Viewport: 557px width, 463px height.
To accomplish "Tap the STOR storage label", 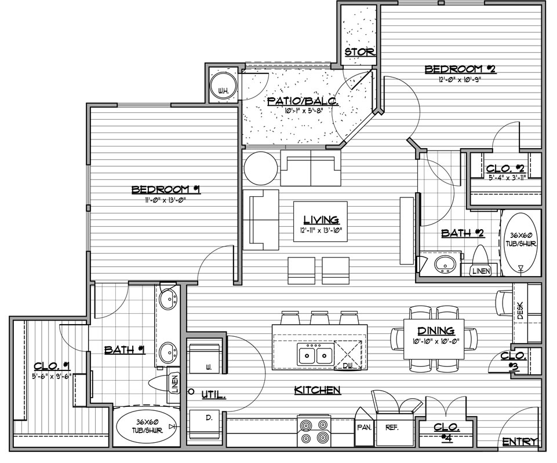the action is pyautogui.click(x=359, y=52).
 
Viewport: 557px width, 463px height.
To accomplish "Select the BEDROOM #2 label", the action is pyautogui.click(x=460, y=69).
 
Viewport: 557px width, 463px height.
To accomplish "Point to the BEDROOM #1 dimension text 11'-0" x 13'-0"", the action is pyautogui.click(x=166, y=200).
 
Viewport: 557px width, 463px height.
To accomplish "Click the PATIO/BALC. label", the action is pyautogui.click(x=303, y=101).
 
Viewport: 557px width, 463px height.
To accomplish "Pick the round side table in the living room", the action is pyautogui.click(x=261, y=168).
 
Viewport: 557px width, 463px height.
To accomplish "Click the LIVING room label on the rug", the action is pyautogui.click(x=321, y=220).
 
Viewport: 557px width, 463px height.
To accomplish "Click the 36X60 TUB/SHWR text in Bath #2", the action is pyautogui.click(x=521, y=240).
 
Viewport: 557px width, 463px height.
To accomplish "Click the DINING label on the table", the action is pyautogui.click(x=436, y=331).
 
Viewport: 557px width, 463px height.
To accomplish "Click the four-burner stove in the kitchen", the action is pyautogui.click(x=314, y=431).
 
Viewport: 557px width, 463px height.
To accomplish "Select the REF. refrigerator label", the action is pyautogui.click(x=392, y=428).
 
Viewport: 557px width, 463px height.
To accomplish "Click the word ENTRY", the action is pyautogui.click(x=520, y=442).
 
